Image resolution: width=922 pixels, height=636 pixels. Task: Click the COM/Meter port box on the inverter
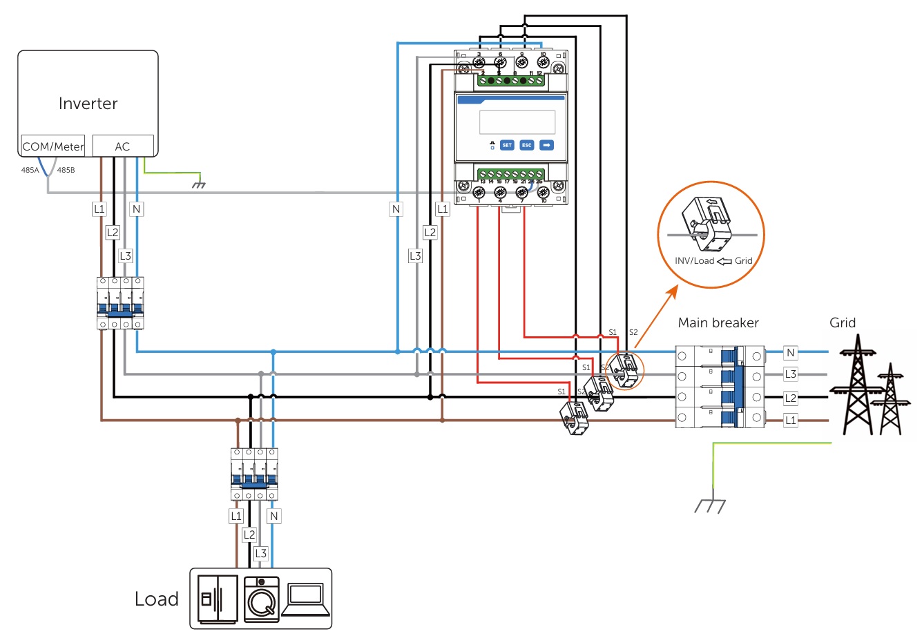[52, 146]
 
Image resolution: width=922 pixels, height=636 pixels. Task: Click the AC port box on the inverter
[122, 146]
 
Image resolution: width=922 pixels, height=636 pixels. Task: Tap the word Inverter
[88, 104]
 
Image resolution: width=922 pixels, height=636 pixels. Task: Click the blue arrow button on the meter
[546, 145]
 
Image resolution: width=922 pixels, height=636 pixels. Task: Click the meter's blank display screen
[517, 122]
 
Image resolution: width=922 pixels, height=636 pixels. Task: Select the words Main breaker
[718, 322]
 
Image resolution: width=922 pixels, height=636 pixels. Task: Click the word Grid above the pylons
[842, 322]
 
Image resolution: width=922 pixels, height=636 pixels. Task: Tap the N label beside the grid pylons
[791, 353]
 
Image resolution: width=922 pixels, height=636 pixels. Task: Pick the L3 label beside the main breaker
[791, 375]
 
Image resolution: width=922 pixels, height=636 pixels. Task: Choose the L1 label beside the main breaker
[791, 420]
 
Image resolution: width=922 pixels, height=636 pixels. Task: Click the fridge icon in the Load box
[217, 599]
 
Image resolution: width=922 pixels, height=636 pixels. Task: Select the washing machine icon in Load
[262, 599]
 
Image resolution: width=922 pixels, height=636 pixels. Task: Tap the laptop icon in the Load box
[304, 599]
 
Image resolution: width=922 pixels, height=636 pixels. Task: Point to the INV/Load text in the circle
[694, 261]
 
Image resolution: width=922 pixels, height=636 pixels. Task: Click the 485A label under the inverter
[30, 170]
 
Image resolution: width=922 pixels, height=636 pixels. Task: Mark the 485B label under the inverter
[66, 170]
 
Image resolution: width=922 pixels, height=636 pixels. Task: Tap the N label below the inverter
[136, 209]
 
